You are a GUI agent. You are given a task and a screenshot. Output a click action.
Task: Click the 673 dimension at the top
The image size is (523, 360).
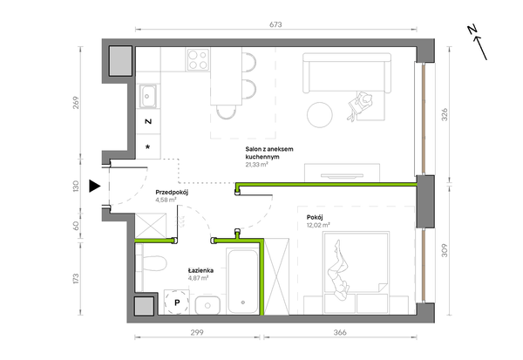click(275, 24)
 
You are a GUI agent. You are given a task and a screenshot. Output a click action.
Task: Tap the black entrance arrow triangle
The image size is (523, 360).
click(94, 187)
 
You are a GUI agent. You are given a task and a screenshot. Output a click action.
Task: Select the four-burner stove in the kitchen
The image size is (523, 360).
click(198, 59)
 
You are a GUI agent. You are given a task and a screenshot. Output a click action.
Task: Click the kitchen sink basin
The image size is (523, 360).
click(147, 97)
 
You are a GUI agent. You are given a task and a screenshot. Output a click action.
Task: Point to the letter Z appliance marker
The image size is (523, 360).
click(148, 121)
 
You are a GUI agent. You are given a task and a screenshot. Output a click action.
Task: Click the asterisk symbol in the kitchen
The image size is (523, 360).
click(148, 146)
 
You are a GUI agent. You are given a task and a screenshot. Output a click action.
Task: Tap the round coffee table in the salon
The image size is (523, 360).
click(320, 115)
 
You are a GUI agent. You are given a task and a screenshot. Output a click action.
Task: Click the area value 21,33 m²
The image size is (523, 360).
click(257, 165)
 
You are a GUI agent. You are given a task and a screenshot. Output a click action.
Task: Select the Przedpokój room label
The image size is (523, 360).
click(172, 192)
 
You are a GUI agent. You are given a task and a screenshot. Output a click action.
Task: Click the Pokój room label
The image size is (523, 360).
click(315, 218)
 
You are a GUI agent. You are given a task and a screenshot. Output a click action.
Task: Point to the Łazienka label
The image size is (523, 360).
click(200, 270)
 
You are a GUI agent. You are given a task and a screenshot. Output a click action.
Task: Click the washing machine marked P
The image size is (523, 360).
click(177, 302)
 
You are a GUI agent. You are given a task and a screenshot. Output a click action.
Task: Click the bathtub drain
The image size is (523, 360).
click(243, 302)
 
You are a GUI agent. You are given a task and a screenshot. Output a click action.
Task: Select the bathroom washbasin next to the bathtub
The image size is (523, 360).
click(207, 305)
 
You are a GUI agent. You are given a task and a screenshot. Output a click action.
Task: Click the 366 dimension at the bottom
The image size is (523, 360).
click(340, 333)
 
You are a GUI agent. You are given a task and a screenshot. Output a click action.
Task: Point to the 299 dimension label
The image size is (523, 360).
click(197, 333)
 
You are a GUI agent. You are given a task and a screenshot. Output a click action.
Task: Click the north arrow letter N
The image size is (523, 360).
click(472, 30)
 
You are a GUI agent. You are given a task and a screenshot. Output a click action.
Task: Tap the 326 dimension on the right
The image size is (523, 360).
click(445, 115)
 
